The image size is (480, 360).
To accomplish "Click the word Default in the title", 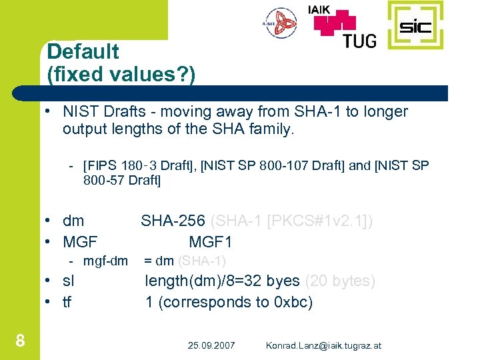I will tap(83, 51).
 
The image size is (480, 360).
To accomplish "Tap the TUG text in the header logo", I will tap(359, 40).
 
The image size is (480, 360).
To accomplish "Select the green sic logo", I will tap(415, 26).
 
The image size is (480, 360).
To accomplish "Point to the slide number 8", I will tap(20, 341).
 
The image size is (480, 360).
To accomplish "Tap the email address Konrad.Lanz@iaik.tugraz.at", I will tap(323, 345).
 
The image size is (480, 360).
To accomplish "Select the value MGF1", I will tap(210, 241).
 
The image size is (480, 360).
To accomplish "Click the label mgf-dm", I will tap(105, 261).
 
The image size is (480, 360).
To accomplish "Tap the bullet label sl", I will tap(69, 281).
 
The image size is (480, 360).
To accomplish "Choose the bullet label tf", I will tap(67, 302).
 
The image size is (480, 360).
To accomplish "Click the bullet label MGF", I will tap(80, 241).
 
